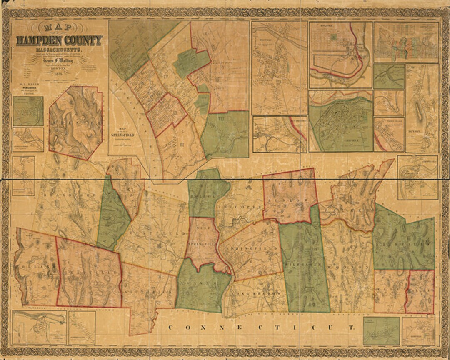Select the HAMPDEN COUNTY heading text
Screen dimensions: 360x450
[59, 41]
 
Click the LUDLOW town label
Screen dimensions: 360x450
[290, 200]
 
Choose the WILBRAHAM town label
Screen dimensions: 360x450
[304, 265]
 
